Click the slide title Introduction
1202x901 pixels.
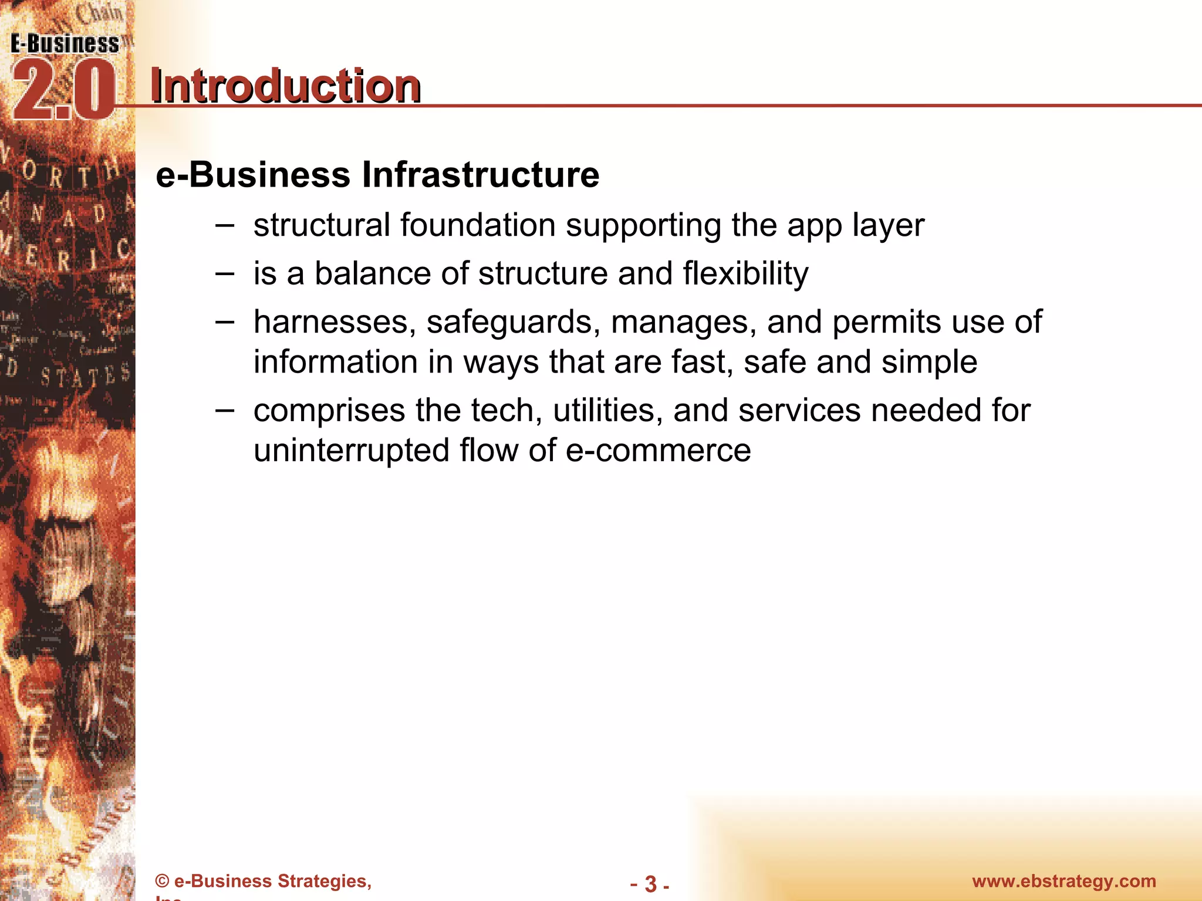tap(285, 86)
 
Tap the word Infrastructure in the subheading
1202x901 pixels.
tap(481, 175)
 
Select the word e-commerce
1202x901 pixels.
tap(658, 450)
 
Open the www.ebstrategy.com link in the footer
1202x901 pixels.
tap(1064, 881)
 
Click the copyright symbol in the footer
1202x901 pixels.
tap(162, 882)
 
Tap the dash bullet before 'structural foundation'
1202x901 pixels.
tap(225, 225)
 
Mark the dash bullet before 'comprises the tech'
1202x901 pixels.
tap(225, 410)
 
